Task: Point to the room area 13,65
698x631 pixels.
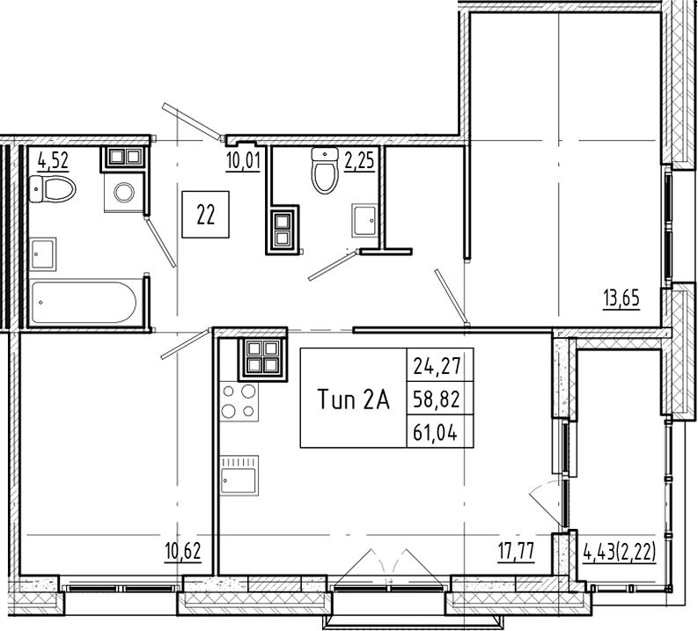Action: (x=621, y=297)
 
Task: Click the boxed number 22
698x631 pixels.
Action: (x=206, y=215)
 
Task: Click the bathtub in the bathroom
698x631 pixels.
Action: (x=84, y=303)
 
